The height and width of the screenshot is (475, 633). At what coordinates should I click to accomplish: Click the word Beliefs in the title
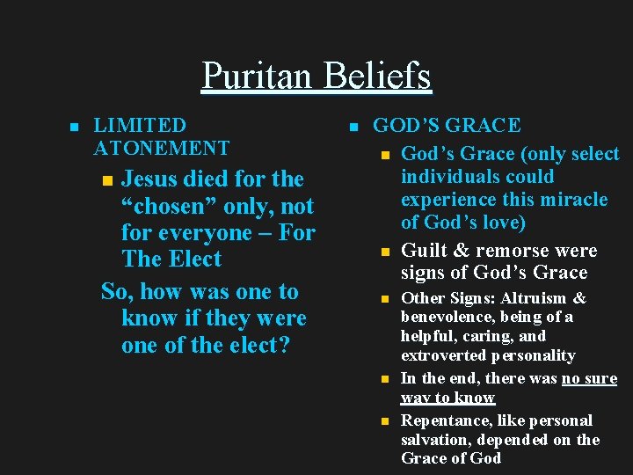(x=376, y=76)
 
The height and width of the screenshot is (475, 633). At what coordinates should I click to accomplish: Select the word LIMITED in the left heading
(x=140, y=126)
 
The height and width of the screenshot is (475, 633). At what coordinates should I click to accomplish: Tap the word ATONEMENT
(x=161, y=148)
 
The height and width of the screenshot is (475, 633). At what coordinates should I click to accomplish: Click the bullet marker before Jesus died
(x=107, y=180)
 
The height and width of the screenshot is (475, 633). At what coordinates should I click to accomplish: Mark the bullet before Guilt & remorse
(x=384, y=252)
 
